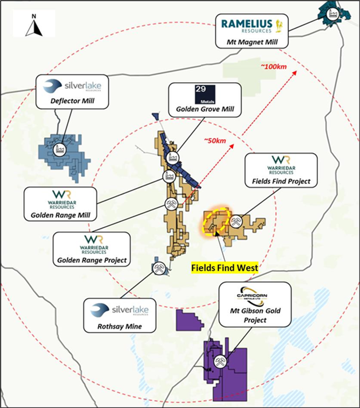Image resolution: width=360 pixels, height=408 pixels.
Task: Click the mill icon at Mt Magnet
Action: [332, 14]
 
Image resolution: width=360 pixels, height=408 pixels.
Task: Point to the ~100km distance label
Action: [273, 67]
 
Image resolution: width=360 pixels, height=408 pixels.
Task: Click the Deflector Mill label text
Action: [72, 101]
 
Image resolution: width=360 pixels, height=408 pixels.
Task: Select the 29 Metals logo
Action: [205, 94]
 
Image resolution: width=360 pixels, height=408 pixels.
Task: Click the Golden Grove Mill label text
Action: [205, 109]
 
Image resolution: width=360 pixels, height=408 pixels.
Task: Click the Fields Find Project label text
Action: [281, 181]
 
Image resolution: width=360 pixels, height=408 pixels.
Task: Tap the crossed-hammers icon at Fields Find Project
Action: [235, 221]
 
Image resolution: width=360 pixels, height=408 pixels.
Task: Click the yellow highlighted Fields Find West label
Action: [224, 268]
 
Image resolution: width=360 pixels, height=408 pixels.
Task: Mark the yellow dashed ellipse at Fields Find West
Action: [217, 219]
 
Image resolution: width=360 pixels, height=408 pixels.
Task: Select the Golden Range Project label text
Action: [92, 260]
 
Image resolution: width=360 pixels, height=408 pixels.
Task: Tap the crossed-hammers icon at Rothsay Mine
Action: [159, 268]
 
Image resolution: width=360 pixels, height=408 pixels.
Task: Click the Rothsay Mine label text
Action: [120, 326]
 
